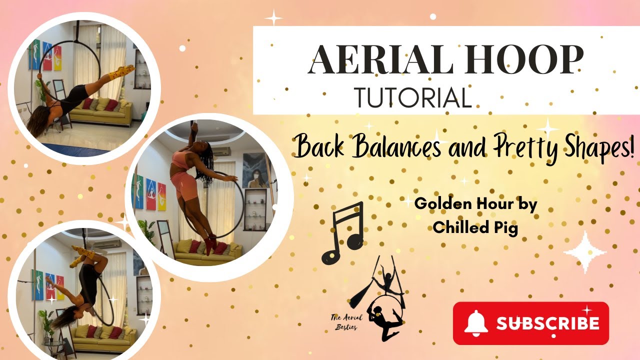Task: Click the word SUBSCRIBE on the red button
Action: [x=547, y=323]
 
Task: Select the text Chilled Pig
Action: [x=475, y=227]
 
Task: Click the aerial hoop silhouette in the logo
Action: [x=383, y=305]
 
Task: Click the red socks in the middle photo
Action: [x=210, y=243]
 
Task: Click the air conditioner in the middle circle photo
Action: [x=220, y=150]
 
